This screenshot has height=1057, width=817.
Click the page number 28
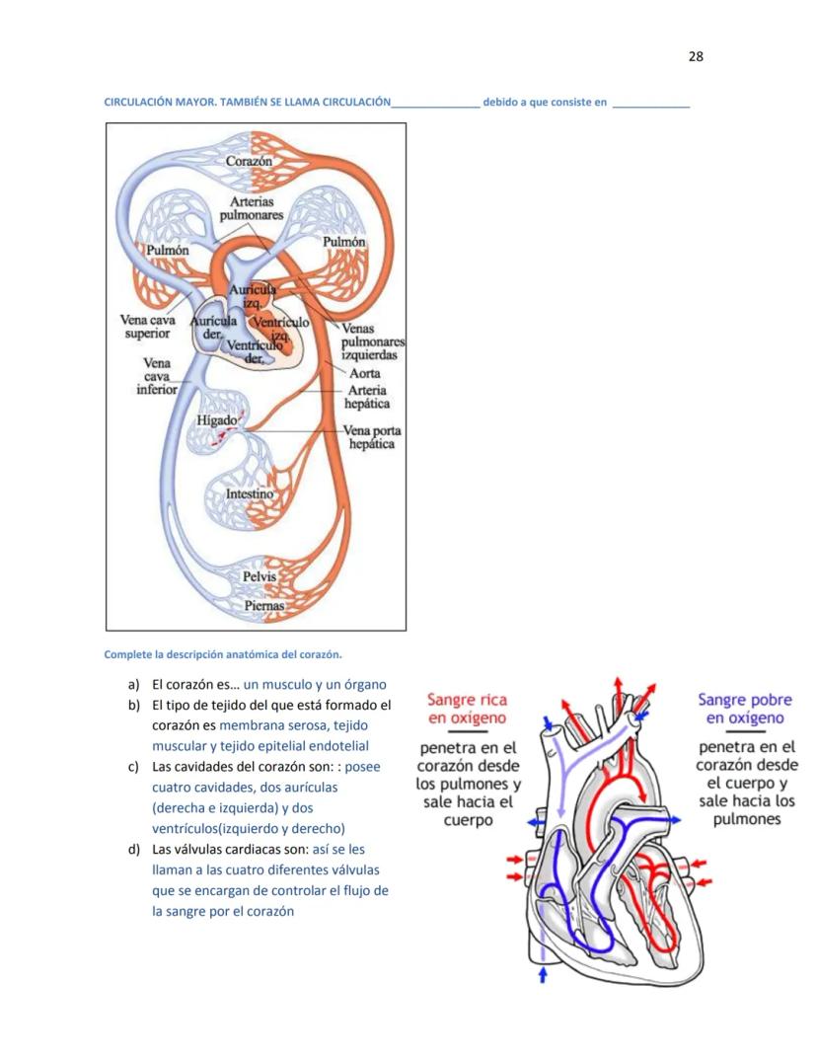[695, 56]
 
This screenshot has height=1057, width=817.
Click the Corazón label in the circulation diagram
[249, 161]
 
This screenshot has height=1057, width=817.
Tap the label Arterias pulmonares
[251, 208]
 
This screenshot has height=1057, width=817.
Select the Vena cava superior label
[147, 327]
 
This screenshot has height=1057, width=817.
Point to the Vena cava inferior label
[157, 376]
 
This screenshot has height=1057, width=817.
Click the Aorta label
[365, 374]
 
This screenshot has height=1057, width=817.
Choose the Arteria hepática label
[366, 397]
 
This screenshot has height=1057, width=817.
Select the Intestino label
[249, 493]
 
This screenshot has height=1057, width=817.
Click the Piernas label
[264, 605]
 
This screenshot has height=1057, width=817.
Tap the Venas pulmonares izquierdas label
[372, 341]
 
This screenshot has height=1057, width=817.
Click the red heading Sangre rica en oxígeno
[467, 709]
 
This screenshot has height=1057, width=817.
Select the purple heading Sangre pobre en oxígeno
[745, 709]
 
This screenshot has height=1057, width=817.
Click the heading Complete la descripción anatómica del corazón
[223, 654]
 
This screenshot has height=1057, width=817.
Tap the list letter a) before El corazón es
[132, 684]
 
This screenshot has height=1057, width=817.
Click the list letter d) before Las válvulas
[132, 849]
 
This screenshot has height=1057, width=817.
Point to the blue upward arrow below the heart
[542, 974]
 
